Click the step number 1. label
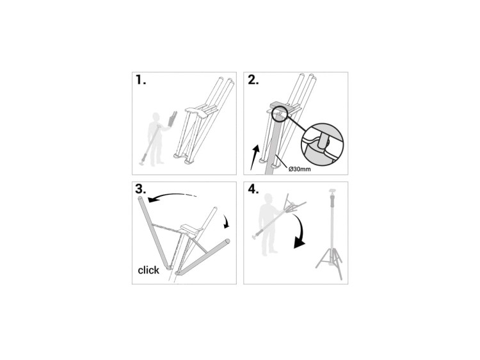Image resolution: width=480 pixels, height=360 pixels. tap(141, 79)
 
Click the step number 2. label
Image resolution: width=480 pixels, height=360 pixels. tap(253, 79)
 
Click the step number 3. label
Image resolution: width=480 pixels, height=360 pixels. tap(141, 189)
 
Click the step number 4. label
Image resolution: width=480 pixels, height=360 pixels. tap(253, 189)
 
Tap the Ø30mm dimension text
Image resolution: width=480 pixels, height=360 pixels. tap(300, 169)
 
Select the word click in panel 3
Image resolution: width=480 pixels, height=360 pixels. tap(148, 270)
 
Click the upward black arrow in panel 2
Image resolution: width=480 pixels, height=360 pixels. tap(255, 157)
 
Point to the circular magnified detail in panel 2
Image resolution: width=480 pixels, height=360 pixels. tap(323, 144)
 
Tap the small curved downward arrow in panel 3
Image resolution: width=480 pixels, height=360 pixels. tap(226, 221)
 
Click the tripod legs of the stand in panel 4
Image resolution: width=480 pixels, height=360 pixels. tap(330, 261)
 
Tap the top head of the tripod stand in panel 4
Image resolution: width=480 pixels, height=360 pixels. tap(332, 193)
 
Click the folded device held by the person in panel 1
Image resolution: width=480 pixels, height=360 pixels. tap(172, 119)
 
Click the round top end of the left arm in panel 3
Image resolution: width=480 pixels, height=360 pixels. tap(141, 200)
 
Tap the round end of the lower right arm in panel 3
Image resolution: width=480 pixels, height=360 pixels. tap(227, 241)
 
